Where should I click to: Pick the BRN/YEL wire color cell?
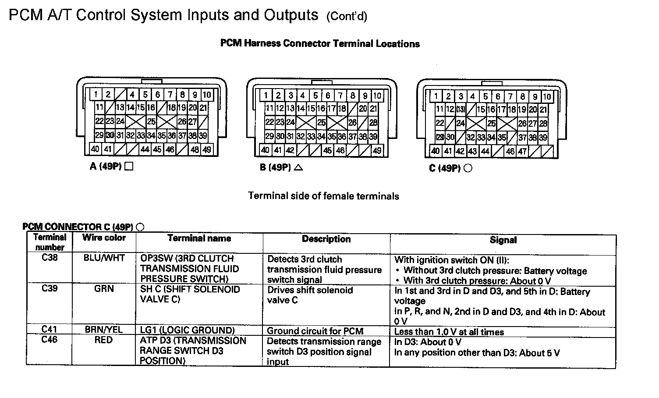pos(104,330)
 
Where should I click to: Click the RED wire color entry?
pos(103,340)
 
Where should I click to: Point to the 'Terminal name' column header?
pos(199,238)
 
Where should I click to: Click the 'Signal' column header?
pos(503,240)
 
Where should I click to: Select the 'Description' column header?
pos(326,239)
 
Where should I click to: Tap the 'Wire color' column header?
pos(104,238)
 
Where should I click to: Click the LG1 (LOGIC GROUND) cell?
pos(187,330)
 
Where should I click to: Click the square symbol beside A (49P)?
pos(129,167)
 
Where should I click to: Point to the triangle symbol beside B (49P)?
pos(299,167)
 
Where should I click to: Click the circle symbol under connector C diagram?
pos(468,168)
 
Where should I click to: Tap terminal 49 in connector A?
pos(207,149)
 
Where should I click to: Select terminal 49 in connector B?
pos(377,151)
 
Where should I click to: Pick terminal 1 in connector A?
pos(95,94)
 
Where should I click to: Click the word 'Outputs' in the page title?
pos(291,15)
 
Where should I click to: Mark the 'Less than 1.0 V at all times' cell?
pos(449,332)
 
